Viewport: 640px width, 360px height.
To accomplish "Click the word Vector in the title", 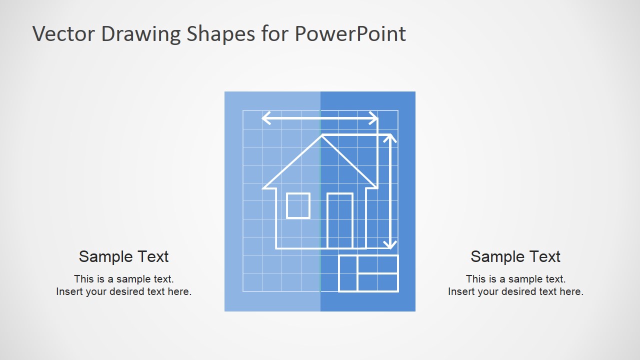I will point(63,34).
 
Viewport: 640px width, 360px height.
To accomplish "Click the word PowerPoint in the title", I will point(350,34).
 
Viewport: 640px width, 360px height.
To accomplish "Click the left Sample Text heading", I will point(123,256).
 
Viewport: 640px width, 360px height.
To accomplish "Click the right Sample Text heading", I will point(515,256).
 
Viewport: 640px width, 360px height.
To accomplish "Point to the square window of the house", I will point(298,205).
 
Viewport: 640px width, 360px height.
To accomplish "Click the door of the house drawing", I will point(340,220).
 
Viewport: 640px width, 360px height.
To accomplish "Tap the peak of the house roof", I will point(321,135).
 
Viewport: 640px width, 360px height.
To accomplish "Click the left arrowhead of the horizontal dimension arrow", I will point(265,118).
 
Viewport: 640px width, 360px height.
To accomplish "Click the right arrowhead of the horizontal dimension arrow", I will point(374,118).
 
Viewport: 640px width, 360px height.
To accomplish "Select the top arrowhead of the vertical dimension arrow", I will point(390,137).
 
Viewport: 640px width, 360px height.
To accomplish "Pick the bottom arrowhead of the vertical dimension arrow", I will point(390,245).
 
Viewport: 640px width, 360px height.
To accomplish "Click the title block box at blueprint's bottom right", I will point(368,273).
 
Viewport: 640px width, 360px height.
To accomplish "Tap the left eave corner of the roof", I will point(264,188).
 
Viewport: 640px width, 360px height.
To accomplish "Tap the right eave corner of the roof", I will point(376,188).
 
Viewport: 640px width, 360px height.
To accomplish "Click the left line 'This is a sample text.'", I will point(123,279).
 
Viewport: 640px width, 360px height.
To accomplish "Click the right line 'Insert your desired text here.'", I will point(515,291).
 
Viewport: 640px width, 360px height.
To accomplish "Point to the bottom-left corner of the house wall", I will point(276,248).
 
